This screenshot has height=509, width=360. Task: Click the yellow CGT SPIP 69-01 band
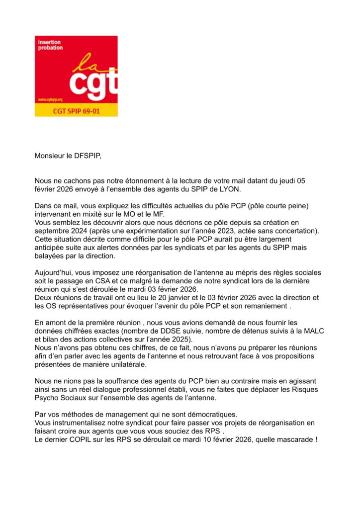click(x=76, y=110)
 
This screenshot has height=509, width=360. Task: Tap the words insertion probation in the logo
click(x=50, y=45)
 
